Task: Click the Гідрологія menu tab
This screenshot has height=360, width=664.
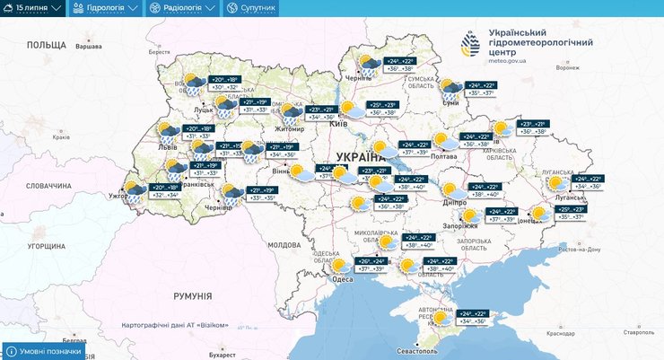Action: pos(105,8)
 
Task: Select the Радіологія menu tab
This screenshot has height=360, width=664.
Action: pos(182,8)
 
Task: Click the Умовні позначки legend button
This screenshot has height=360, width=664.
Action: pos(45,351)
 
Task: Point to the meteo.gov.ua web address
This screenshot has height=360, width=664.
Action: pos(508,62)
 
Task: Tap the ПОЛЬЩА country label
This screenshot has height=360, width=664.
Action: pos(47,45)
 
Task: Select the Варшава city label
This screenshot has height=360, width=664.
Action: pos(87,45)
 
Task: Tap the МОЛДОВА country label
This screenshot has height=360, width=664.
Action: pos(284,244)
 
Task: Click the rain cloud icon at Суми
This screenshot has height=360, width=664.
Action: pos(450,88)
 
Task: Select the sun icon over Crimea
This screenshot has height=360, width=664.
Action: pos(439,317)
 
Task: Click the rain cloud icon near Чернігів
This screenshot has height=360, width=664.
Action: pos(369,65)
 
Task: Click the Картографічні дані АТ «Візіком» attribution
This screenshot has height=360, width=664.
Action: pos(175,325)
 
